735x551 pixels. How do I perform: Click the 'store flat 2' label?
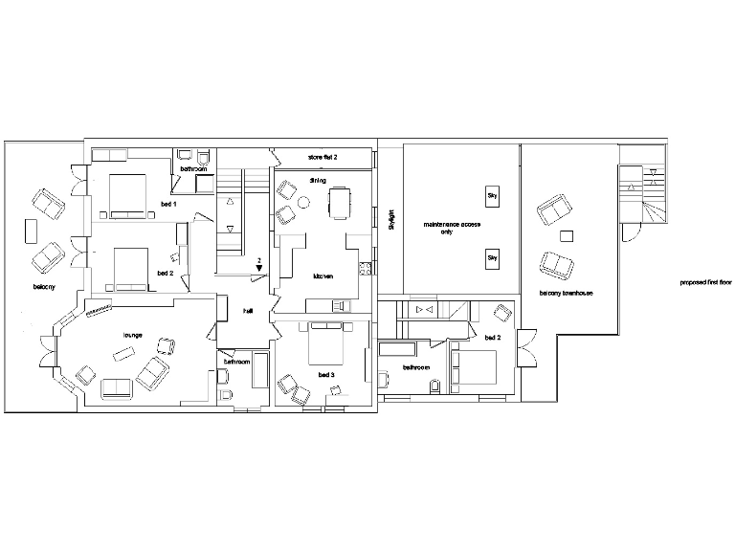tap(322, 155)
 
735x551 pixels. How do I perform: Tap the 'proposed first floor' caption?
tap(704, 283)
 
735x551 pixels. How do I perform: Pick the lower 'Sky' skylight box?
tap(493, 258)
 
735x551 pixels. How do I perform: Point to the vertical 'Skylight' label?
tap(391, 220)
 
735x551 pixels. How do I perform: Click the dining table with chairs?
tap(340, 202)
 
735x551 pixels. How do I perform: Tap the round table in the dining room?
tap(305, 202)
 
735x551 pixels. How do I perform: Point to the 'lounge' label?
tap(132, 335)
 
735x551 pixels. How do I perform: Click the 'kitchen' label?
tap(323, 276)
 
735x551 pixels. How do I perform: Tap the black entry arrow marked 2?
tap(258, 269)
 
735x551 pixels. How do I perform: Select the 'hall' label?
tap(247, 311)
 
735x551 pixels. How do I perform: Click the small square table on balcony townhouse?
tap(567, 235)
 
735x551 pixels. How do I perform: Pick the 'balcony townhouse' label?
tap(567, 293)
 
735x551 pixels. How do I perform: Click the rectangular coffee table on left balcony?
tap(30, 231)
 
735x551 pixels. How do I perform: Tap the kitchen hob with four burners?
tap(365, 268)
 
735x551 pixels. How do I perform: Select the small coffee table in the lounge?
tap(123, 354)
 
